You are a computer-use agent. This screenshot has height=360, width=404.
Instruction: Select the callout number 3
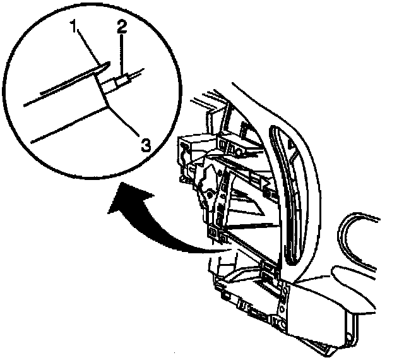click(x=145, y=145)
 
